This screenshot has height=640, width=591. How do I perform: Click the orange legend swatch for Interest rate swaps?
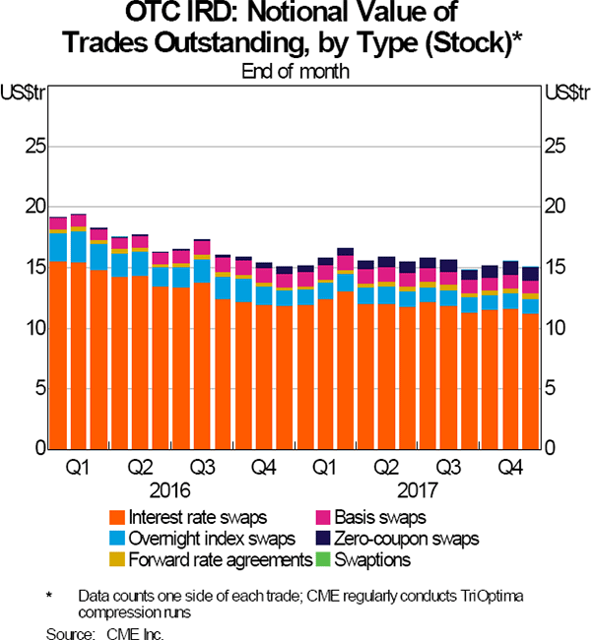(x=119, y=517)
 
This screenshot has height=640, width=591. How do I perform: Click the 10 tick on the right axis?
(x=556, y=328)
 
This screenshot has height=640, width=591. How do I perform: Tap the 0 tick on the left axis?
(x=39, y=449)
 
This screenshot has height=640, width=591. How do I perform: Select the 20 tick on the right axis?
(x=556, y=207)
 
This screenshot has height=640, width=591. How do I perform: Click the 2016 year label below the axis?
(x=170, y=486)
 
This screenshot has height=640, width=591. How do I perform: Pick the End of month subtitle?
(x=295, y=71)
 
